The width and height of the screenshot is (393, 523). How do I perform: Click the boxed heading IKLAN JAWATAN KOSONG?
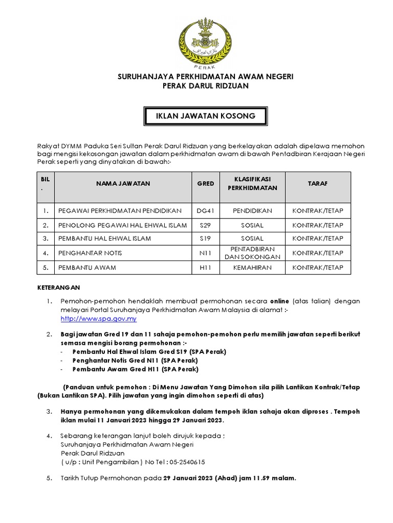coord(205,117)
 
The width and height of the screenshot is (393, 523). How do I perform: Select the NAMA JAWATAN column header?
coord(122,183)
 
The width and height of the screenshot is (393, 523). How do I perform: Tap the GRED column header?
coord(205,183)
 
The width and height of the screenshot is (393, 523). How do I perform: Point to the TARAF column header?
coord(317,183)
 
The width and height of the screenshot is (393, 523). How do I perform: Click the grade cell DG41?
coord(205,211)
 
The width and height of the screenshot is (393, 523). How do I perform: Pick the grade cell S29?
coord(205,225)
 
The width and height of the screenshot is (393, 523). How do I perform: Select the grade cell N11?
coord(205,253)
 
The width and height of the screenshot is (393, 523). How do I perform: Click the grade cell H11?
coord(205,268)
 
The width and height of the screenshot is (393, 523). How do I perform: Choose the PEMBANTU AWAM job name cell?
coord(87,268)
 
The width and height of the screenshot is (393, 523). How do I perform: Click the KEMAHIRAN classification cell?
coord(252,268)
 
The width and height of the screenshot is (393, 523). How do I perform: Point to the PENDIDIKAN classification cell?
coord(252,211)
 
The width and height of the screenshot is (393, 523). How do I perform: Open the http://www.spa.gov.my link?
coord(98,319)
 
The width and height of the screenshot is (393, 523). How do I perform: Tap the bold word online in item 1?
coord(279,301)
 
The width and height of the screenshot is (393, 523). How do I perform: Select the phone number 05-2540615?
coord(185,462)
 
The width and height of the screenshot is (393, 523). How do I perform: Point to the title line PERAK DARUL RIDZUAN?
coord(205,86)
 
